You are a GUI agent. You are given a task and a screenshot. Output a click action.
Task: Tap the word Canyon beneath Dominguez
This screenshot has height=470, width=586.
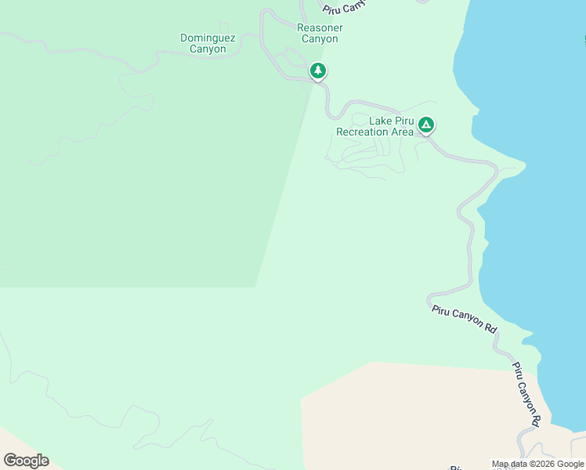(x=208, y=49)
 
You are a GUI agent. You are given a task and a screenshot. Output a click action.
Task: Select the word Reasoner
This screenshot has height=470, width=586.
(x=320, y=28)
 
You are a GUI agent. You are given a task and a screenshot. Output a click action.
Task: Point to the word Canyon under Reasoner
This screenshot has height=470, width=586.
(x=320, y=39)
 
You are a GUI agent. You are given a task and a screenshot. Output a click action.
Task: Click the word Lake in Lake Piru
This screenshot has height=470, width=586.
(x=381, y=121)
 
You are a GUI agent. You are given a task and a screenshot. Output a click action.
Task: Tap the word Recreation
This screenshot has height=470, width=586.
(x=364, y=132)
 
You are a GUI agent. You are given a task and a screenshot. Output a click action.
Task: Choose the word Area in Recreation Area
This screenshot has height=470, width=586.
(x=403, y=132)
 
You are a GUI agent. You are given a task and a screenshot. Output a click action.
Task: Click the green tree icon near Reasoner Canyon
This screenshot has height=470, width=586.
(x=317, y=71)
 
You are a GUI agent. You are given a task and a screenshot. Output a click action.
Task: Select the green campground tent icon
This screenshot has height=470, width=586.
(x=425, y=125)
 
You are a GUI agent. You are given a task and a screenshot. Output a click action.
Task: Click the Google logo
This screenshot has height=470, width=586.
(x=26, y=460)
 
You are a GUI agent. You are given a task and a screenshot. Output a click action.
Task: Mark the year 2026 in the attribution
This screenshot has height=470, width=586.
(x=545, y=464)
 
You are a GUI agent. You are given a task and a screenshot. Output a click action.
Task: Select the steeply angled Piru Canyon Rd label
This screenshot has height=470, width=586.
(x=526, y=393)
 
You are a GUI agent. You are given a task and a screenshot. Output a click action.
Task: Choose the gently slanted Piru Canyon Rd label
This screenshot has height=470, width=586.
(x=465, y=317)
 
